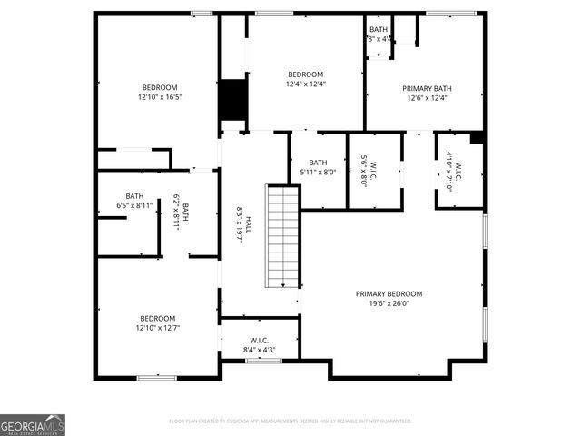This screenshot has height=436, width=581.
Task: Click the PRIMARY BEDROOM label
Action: [389, 294]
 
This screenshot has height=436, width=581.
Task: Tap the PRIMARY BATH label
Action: [427, 88]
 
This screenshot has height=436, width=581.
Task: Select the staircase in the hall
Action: [282, 236]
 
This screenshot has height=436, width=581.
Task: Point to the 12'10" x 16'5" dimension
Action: [160, 97]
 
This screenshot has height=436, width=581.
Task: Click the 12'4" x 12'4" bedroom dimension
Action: [306, 84]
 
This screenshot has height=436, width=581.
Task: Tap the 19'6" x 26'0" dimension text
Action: [389, 304]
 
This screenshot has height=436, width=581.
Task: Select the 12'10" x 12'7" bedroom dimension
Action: [158, 328]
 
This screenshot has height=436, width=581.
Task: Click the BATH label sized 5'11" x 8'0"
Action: [318, 163]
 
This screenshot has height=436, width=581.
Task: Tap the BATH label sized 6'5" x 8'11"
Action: [134, 195]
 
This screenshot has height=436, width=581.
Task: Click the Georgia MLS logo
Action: [33, 425]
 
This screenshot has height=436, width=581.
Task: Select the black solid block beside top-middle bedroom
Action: [233, 100]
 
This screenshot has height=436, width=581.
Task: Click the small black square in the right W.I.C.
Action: [477, 138]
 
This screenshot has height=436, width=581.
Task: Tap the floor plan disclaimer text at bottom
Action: [290, 421]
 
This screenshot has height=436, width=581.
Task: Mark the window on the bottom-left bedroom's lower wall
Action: [156, 377]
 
